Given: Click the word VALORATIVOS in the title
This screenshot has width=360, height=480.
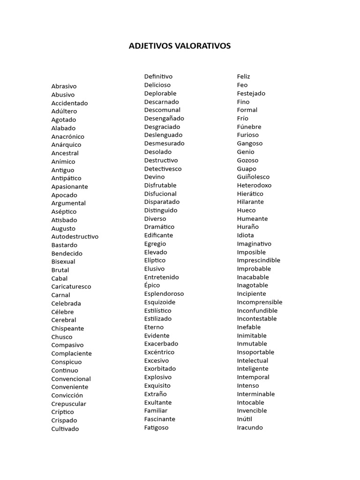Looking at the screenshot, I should (x=203, y=46).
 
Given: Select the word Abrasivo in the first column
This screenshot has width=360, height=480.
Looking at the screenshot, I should (x=64, y=86).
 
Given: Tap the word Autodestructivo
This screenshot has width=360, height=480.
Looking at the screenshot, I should (x=75, y=237).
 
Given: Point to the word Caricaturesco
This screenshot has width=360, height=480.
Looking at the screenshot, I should (x=71, y=287).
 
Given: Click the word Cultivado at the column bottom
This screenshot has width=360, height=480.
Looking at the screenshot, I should (x=65, y=429).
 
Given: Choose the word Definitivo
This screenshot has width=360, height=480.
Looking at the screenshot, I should (x=158, y=76).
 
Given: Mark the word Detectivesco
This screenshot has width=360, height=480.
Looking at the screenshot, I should (x=163, y=169).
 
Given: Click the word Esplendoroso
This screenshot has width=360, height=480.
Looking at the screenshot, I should (x=164, y=294).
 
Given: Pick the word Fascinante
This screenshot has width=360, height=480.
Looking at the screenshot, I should (x=160, y=419).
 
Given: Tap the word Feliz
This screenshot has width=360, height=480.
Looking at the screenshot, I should (x=244, y=76).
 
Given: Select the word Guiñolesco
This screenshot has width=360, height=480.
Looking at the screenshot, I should (x=253, y=177).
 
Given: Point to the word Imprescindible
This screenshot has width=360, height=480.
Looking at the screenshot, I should (x=259, y=261).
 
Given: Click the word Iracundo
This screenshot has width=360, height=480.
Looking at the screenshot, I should (x=250, y=427).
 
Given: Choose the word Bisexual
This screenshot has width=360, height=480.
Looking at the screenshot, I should (x=63, y=262).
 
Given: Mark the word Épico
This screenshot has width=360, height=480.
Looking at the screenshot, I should (x=152, y=285).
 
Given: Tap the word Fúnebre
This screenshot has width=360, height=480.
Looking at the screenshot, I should (x=249, y=127).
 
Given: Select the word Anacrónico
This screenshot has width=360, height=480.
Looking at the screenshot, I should (x=68, y=136).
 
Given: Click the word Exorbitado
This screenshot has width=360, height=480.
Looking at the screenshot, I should (x=160, y=369).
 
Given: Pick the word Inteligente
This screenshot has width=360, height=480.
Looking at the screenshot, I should (x=253, y=369).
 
